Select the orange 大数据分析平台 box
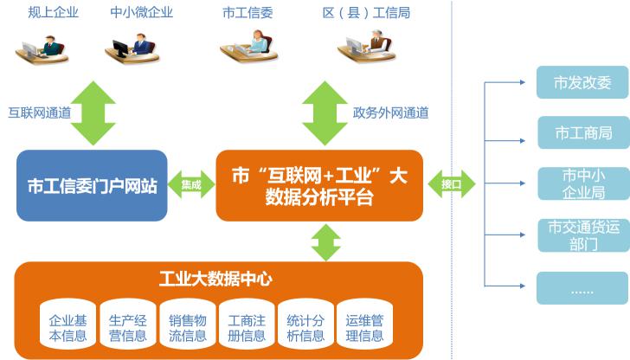319,185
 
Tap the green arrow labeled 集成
191,184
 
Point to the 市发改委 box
582,83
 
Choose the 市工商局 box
582,133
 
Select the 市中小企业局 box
582,183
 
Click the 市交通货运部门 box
582,235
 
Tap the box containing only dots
582,289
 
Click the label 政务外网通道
390,112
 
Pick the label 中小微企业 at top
141,12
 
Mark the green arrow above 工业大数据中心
325,241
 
